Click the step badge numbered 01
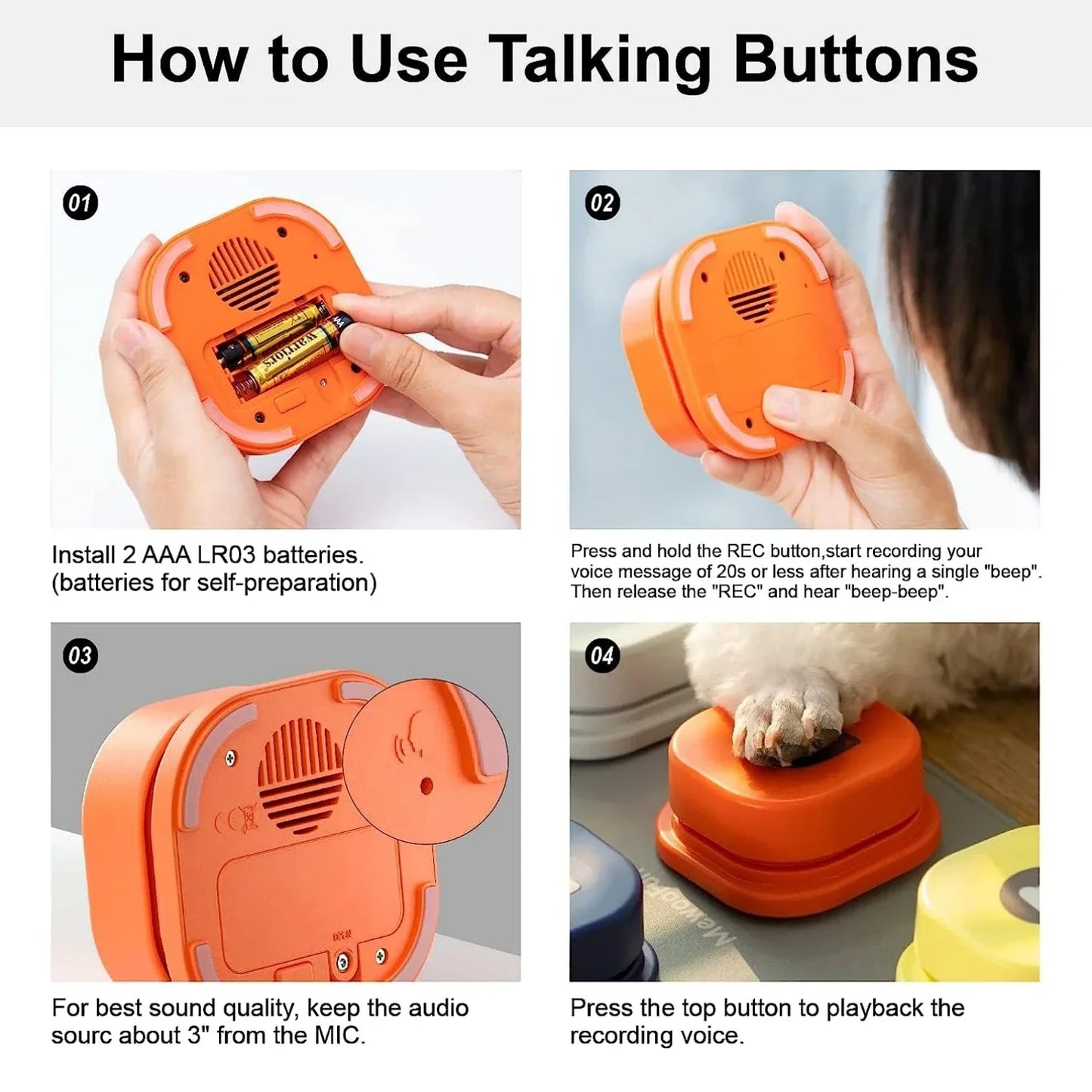coord(80,203)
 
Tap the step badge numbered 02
coord(602,203)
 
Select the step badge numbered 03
coord(80,656)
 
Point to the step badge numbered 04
coord(602,656)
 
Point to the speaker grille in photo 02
coord(750,283)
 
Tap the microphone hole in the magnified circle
coord(426,786)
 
